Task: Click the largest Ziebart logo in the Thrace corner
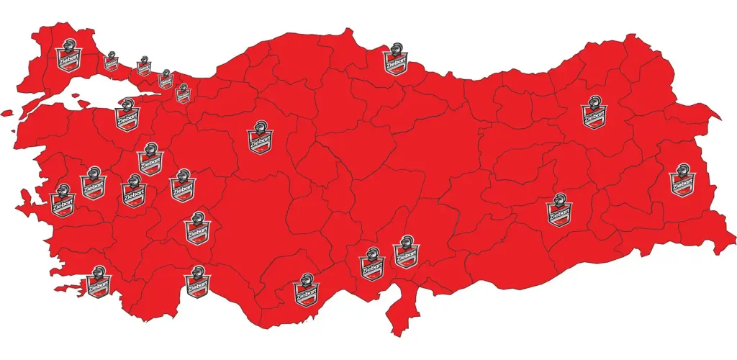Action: coord(69,56)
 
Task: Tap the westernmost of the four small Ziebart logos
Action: coord(111,61)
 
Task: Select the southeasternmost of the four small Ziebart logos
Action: coord(183,93)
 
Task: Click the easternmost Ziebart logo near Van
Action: coord(680,181)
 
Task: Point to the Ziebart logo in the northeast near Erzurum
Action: coord(594,113)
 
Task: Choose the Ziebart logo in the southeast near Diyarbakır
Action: coord(559,210)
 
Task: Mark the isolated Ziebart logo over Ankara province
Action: coord(259,138)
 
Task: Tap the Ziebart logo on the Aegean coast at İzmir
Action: coord(63,202)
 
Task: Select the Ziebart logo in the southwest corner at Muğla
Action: coord(99,282)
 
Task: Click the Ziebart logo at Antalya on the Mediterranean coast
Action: coord(196,282)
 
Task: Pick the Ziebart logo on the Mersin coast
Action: coord(307,290)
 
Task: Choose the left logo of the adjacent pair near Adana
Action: coord(371,264)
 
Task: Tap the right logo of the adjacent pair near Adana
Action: coord(405,253)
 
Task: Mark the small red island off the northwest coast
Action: coord(7,113)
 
